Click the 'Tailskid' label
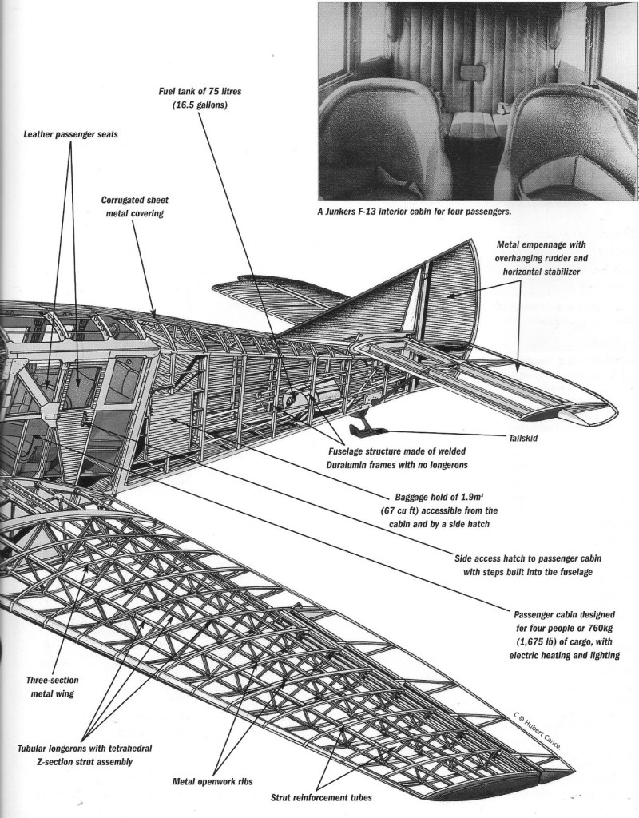[529, 438]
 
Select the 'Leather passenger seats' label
[70, 133]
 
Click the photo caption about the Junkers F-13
[413, 212]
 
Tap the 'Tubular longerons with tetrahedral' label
[84, 749]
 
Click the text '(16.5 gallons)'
[199, 105]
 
